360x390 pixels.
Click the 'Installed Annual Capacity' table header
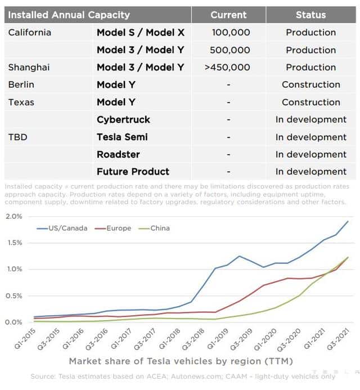[x=69, y=15]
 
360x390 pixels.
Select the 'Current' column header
[x=228, y=15]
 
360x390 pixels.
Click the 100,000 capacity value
[x=231, y=33]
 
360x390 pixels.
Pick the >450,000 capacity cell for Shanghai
[x=228, y=68]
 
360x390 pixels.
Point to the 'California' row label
[x=29, y=33]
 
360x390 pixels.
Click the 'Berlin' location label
[x=21, y=84]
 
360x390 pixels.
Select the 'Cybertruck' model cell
[x=123, y=119]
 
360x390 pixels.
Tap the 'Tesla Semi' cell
[x=125, y=137]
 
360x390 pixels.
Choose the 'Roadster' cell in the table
[x=118, y=154]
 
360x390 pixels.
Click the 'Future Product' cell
[x=133, y=172]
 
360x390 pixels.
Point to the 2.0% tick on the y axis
[x=13, y=217]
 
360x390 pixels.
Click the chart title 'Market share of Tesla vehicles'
[x=180, y=361]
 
